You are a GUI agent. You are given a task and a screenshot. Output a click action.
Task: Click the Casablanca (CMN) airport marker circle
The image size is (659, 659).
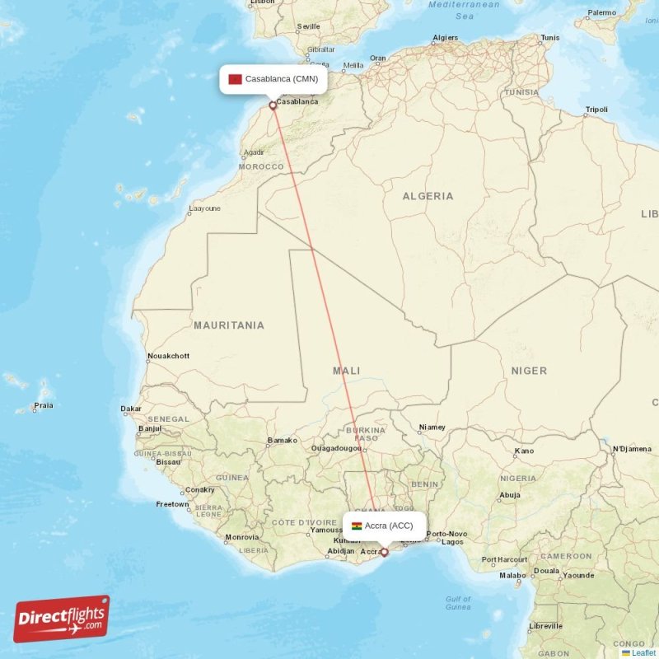(273, 105)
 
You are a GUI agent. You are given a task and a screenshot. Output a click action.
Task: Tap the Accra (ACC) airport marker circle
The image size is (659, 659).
(384, 552)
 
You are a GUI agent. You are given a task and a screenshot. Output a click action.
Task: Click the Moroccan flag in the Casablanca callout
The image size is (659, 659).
(235, 79)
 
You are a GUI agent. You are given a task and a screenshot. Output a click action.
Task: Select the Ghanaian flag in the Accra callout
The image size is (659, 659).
(357, 526)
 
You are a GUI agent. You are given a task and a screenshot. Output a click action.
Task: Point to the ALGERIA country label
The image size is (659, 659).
(428, 196)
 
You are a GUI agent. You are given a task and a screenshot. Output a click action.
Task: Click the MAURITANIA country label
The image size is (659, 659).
(229, 325)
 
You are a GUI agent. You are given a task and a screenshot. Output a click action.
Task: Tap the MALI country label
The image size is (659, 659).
(346, 371)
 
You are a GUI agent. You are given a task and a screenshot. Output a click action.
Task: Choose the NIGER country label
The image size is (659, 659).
(529, 371)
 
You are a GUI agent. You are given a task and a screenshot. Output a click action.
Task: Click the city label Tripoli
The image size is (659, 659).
(596, 110)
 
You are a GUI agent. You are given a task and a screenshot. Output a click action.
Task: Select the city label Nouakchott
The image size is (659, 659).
(168, 356)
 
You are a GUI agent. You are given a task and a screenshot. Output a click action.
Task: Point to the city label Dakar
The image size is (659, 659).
(131, 409)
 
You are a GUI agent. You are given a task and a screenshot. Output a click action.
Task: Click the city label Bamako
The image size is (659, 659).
(283, 441)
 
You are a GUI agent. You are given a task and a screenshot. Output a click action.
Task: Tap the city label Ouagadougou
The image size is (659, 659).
(336, 448)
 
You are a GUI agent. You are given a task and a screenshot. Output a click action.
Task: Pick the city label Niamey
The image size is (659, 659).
(432, 428)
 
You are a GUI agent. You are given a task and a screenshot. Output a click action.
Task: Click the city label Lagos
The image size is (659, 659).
(453, 541)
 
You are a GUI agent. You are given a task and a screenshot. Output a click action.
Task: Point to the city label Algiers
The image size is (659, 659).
(445, 38)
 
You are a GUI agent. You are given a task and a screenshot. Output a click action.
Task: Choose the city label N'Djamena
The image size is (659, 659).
(631, 449)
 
